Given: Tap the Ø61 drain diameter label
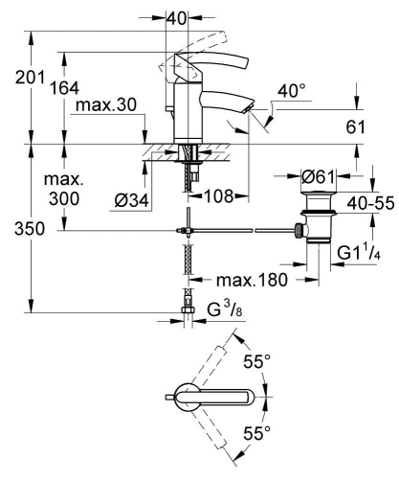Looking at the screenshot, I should click(318, 176).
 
